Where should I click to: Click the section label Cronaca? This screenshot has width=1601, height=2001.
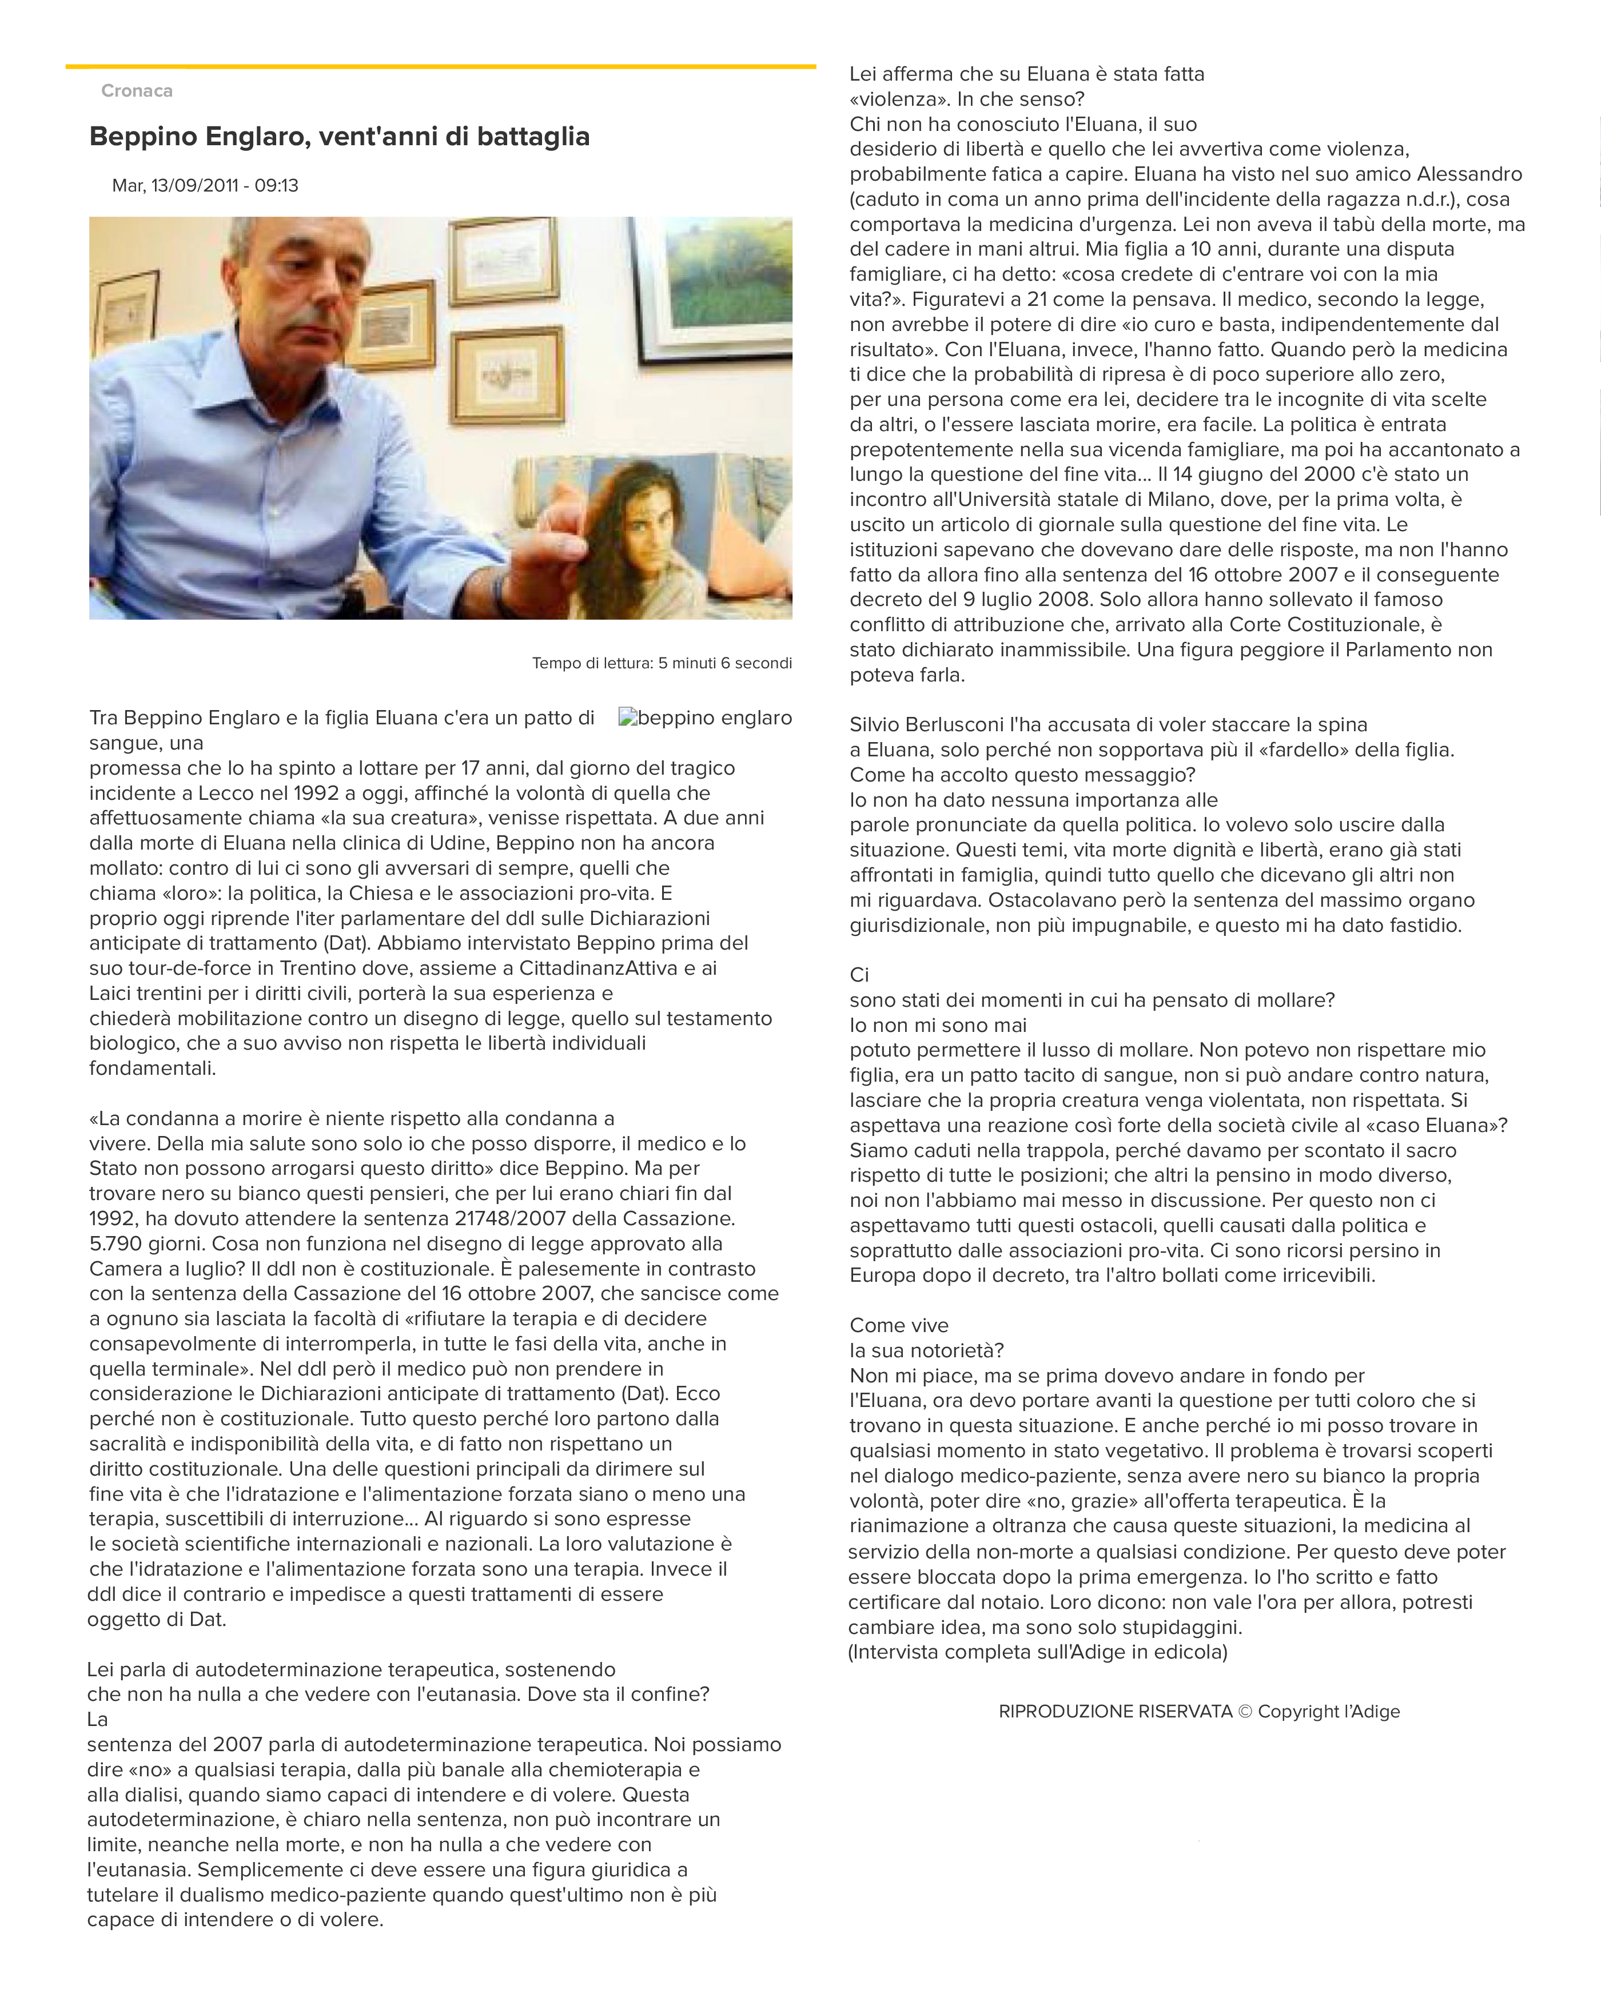pyautogui.click(x=137, y=91)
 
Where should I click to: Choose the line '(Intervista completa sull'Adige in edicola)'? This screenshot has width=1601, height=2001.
pyautogui.click(x=1038, y=1652)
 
